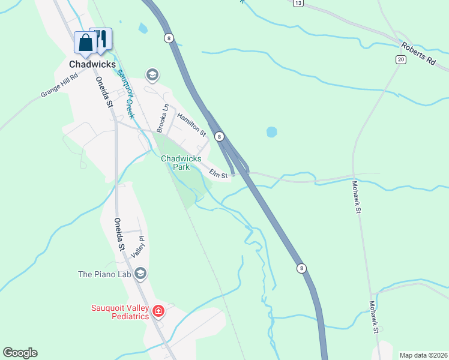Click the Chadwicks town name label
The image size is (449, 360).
pos(92,64)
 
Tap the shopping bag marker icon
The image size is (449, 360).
pos(85,43)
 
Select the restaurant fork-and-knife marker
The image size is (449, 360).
pos(102,38)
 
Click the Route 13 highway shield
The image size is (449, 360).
pos(298,3)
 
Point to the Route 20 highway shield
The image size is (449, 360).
pos(400,59)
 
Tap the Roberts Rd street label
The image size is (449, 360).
pos(419,53)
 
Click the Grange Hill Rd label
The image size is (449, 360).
pos(59,86)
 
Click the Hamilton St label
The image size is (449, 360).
pos(191,125)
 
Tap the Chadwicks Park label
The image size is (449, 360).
pos(181,163)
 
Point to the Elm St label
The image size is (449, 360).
pos(218,174)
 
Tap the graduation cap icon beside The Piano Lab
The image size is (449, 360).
pos(140,274)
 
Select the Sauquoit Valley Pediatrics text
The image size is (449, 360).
pos(119,312)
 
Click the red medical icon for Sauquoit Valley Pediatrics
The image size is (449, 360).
pos(158,311)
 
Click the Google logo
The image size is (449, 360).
pos(20,353)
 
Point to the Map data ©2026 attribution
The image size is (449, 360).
pos(423,355)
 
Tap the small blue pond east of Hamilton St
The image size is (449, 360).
pos(271,131)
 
